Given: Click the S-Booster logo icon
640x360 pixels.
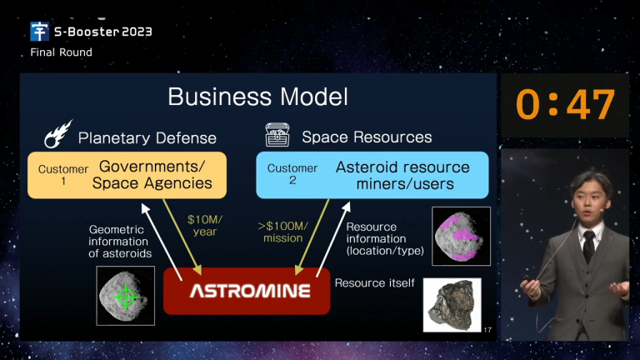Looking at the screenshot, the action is tap(40, 32).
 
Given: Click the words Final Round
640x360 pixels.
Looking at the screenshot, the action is tap(61, 52).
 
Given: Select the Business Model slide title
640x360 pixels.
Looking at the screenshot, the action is tap(258, 97).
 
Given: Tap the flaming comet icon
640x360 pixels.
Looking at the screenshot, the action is tap(58, 133).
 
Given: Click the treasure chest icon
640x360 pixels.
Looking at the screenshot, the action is tap(277, 135).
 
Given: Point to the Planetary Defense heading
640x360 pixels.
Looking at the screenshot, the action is tap(147, 138).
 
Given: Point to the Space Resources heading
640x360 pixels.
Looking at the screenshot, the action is tap(367, 137).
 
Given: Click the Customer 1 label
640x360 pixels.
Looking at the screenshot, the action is tap(63, 175).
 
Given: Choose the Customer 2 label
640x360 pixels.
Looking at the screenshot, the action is tap(292, 174).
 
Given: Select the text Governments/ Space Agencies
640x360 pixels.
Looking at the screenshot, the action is tap(152, 175).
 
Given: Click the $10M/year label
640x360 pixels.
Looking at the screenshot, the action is tap(205, 226).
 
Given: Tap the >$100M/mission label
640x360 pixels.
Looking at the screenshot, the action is tap(282, 232).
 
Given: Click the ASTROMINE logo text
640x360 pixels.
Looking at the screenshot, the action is tap(250, 291).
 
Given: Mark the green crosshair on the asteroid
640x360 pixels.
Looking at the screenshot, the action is tap(126, 297).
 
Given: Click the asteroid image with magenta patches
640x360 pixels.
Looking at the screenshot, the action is tap(461, 237).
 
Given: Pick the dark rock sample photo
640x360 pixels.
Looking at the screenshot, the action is tap(452, 305).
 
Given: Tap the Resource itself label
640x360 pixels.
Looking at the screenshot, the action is tap(375, 282).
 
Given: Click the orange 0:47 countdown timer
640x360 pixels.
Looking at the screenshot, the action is tap(565, 104).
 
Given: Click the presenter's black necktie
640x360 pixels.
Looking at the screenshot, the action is tap(589, 246).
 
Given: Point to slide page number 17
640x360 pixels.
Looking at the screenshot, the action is tap(487, 330).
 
